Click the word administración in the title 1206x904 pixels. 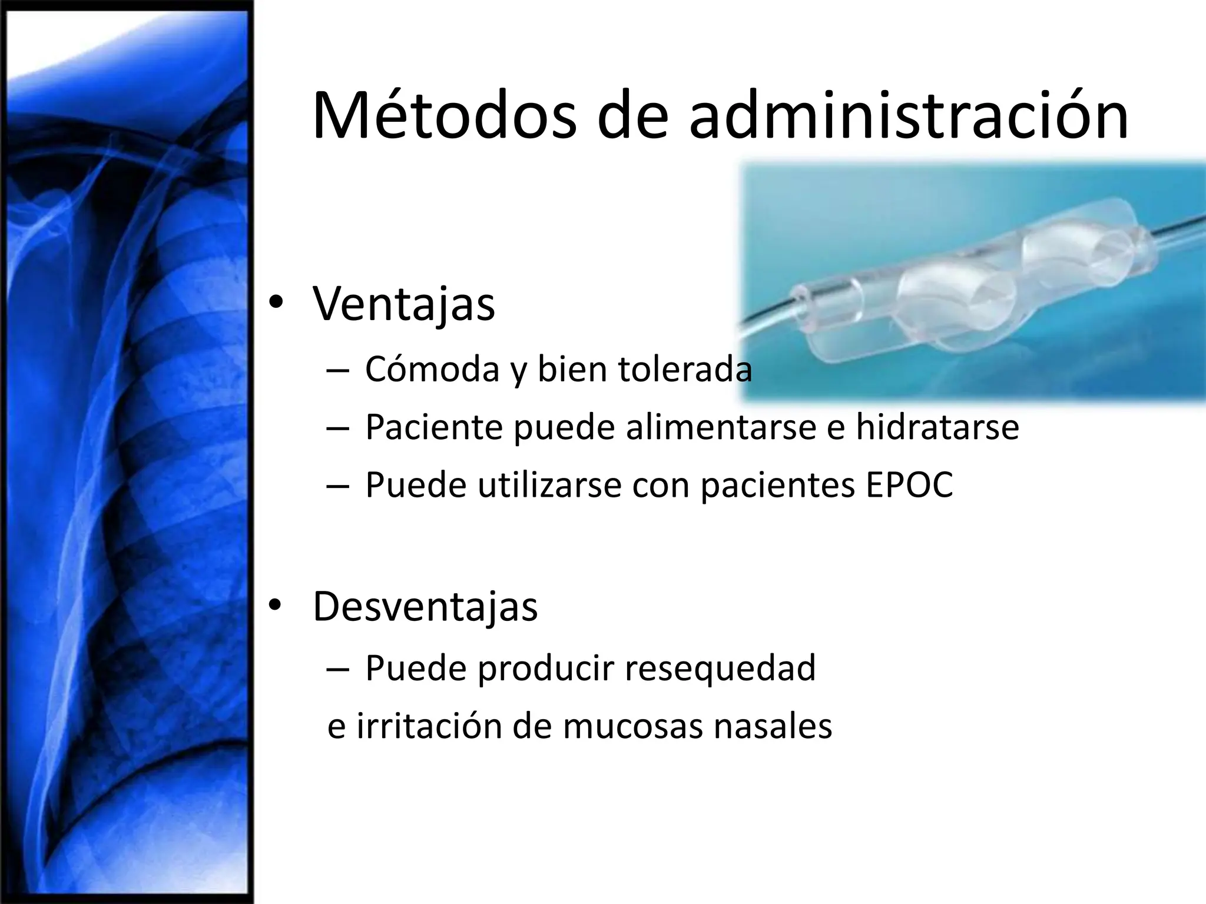tap(908, 116)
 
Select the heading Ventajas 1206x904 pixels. tap(404, 304)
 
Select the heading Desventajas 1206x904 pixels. tap(425, 606)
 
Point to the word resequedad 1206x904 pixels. tap(720, 668)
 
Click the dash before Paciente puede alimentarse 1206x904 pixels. tap(337, 428)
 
